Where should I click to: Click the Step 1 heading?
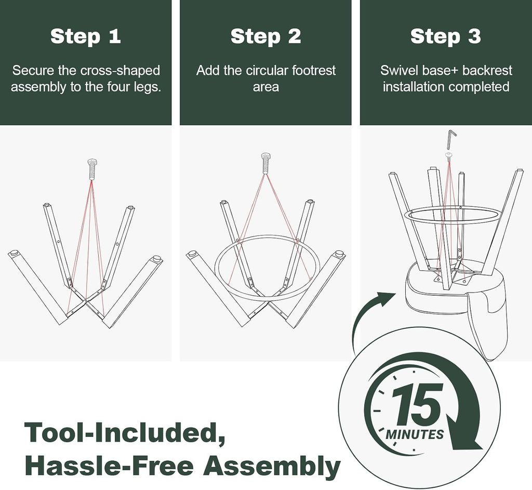click(86, 36)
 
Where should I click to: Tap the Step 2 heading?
click(265, 36)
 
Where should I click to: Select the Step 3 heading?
click(445, 36)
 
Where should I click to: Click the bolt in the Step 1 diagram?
click(92, 169)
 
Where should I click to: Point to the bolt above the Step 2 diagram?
click(265, 163)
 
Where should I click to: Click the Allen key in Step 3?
click(451, 139)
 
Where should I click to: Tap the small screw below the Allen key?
click(449, 155)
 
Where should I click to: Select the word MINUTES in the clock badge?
click(415, 434)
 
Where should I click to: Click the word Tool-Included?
click(125, 432)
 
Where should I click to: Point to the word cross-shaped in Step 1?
click(120, 71)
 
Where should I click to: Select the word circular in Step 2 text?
click(267, 71)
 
